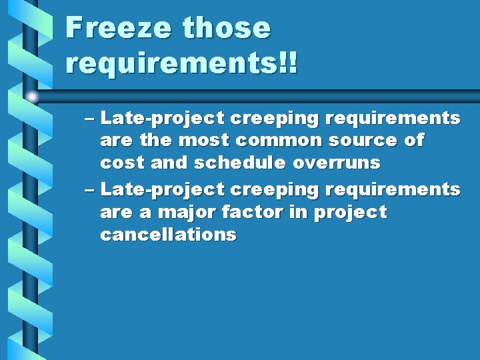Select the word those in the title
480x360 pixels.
coord(227,28)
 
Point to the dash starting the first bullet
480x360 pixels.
coord(91,119)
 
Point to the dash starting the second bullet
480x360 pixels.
coord(91,190)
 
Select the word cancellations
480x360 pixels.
coord(168,235)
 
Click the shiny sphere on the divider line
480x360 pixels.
coord(32,97)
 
